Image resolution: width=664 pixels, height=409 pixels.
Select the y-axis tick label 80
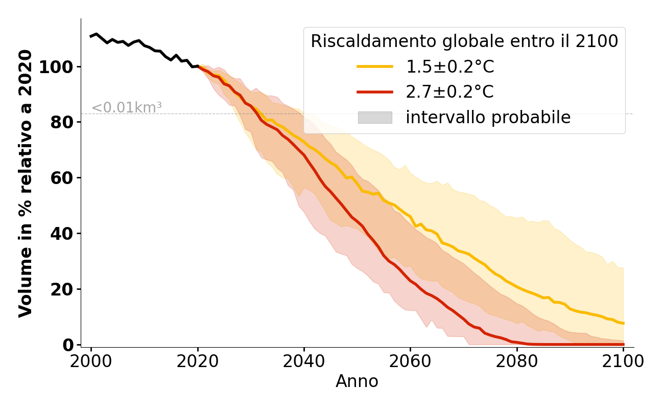tap(62, 123)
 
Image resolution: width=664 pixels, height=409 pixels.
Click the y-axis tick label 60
tap(62, 178)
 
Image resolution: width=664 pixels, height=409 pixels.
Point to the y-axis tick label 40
tap(62, 234)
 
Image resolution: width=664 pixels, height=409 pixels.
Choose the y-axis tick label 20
tap(62, 290)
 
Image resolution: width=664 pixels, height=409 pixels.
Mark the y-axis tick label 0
tap(68, 345)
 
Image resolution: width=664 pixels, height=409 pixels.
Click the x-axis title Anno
tap(357, 381)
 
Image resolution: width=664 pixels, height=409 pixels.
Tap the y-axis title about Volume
tap(26, 183)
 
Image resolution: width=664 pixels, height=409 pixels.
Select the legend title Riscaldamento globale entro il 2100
tap(464, 41)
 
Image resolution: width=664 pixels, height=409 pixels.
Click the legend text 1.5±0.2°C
tap(450, 67)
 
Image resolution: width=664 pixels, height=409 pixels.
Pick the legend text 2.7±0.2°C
tap(450, 92)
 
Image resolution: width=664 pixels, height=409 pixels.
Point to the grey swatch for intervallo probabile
tap(375, 118)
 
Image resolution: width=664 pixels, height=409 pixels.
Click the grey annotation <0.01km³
tap(127, 108)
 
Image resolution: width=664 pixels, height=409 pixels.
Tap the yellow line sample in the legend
tap(375, 66)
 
